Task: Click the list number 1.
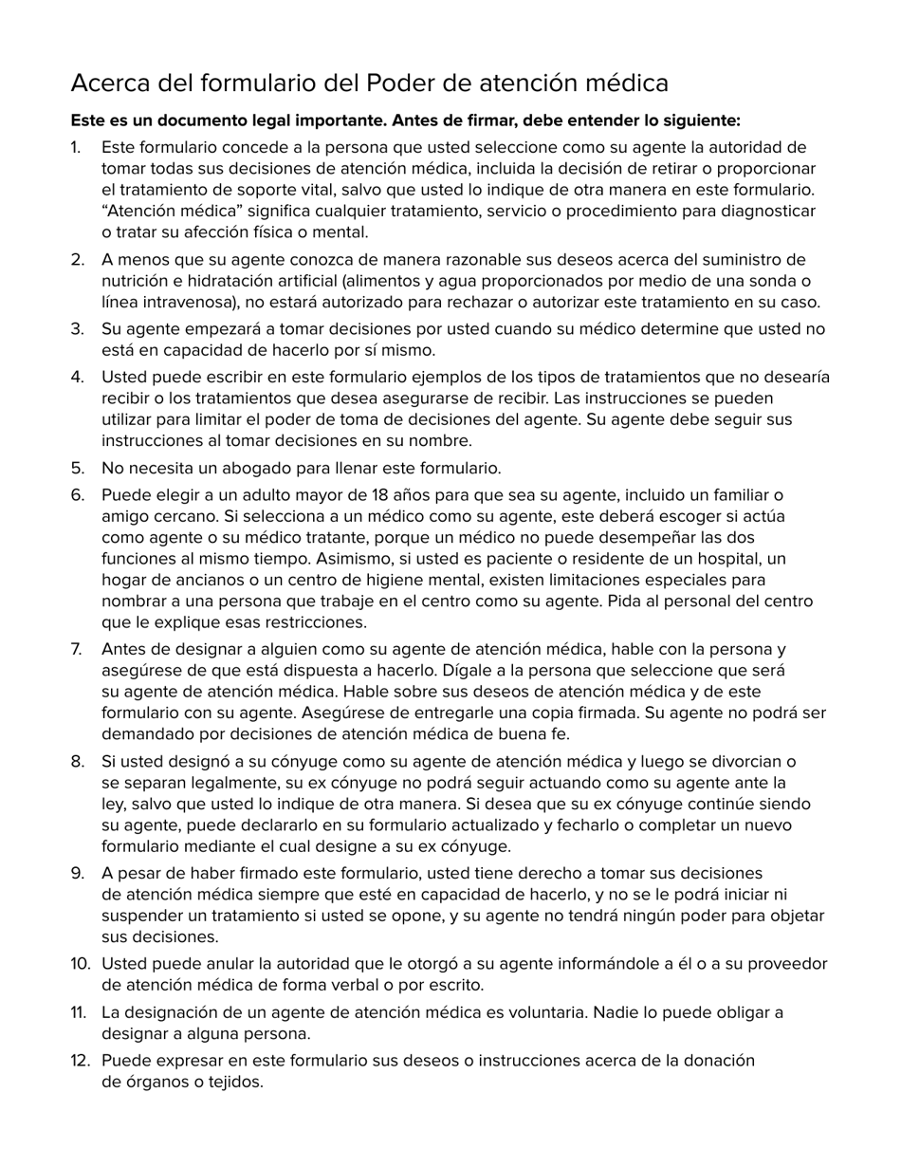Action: click(76, 148)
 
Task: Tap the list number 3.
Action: click(77, 330)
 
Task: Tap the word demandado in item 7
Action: click(147, 734)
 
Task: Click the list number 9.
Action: click(77, 874)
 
